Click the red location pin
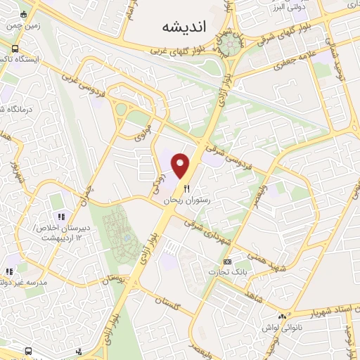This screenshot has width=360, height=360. coord(182,166)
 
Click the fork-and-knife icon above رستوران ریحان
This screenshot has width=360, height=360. coord(186,188)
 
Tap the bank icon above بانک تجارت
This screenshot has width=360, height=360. coord(226,261)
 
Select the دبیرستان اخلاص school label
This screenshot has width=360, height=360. coord(57,231)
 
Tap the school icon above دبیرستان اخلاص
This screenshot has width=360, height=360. coord(61,216)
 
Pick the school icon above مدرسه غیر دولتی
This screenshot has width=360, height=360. coord(9,271)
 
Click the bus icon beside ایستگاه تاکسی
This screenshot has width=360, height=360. coord(15,49)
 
